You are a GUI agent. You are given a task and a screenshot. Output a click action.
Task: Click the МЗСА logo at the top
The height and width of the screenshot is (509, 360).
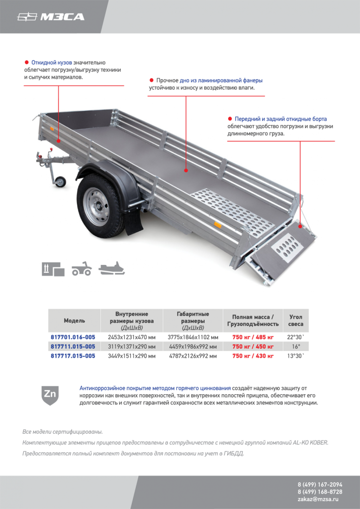point(51,17)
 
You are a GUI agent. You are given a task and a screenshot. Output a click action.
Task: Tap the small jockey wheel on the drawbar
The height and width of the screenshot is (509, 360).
point(60,181)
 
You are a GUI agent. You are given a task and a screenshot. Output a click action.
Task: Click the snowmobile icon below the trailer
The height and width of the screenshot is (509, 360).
point(112,269)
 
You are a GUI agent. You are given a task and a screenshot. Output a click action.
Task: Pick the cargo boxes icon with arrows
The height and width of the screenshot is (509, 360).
point(53,269)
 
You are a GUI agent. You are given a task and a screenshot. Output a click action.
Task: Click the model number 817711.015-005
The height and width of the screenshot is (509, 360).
point(73,346)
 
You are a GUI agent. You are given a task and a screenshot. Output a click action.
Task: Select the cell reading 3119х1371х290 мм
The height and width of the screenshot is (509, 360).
point(132,346)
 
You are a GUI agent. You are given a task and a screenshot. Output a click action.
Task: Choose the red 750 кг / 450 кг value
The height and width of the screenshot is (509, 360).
point(253,346)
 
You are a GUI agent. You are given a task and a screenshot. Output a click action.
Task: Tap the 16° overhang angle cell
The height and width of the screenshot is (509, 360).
point(296,346)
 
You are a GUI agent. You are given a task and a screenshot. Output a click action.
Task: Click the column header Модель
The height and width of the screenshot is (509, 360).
point(74,321)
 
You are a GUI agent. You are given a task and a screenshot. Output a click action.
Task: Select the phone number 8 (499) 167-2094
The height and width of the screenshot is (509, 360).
point(320,485)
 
